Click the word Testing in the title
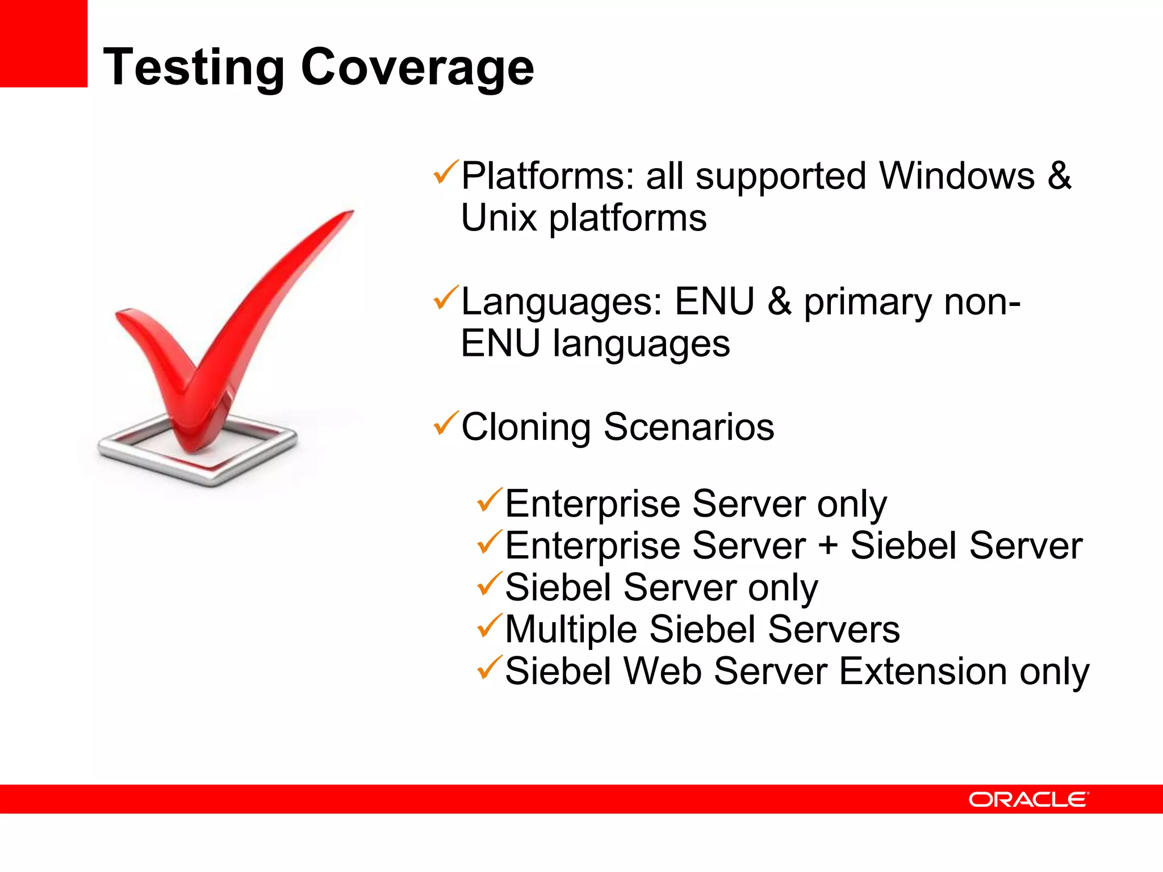click(193, 68)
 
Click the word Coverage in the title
click(417, 68)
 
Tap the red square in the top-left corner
click(43, 43)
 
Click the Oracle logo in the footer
click(1028, 799)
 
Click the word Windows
click(957, 176)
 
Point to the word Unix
click(499, 218)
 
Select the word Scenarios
click(688, 427)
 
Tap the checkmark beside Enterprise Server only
click(489, 500)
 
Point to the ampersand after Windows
click(1059, 176)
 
